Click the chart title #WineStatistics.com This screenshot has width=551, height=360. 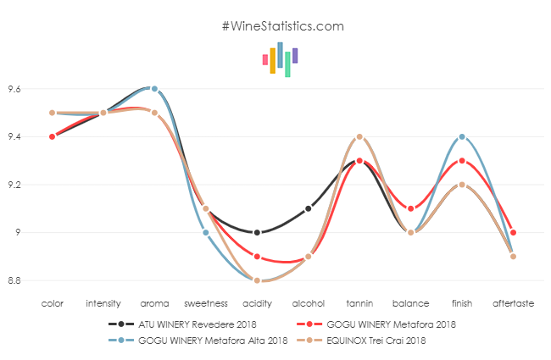click(x=282, y=26)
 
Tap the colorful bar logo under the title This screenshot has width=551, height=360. click(x=281, y=59)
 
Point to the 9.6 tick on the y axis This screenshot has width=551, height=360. click(x=14, y=89)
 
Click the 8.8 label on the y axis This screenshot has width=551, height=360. click(x=14, y=280)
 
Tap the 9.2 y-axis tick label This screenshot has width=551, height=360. click(x=14, y=185)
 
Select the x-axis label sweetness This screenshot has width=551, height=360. click(x=206, y=302)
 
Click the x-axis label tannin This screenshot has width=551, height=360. click(x=359, y=302)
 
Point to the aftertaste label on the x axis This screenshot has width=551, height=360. click(x=513, y=302)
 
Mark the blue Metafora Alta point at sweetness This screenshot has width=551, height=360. click(x=206, y=232)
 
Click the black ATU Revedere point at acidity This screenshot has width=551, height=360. click(x=257, y=232)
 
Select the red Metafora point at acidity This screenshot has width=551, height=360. click(x=257, y=256)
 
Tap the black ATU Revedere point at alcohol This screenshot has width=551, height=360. click(x=309, y=208)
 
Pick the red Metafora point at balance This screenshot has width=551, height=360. click(x=411, y=208)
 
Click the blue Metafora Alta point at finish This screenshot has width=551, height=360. click(x=462, y=136)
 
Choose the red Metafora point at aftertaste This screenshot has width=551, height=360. click(x=514, y=232)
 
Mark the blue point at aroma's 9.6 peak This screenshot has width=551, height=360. click(x=154, y=88)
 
